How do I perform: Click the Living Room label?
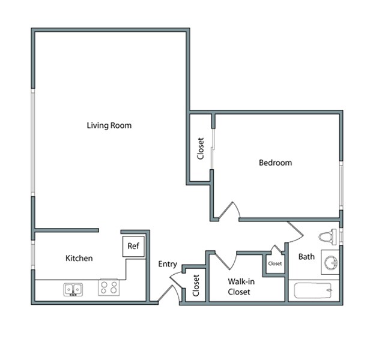click(x=109, y=125)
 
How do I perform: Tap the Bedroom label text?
click(x=275, y=163)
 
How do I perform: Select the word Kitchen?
click(x=79, y=258)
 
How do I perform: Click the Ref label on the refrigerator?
click(x=133, y=246)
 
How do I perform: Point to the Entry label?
click(x=168, y=264)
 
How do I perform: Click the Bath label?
click(x=306, y=257)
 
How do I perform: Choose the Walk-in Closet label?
click(x=238, y=287)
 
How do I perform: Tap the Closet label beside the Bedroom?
click(x=201, y=149)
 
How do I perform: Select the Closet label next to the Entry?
click(x=196, y=286)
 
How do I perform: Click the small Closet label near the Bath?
click(x=275, y=263)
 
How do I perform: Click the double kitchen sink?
click(x=73, y=290)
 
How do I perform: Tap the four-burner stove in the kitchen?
click(x=108, y=289)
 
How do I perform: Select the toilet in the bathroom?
click(x=328, y=236)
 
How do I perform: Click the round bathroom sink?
click(x=330, y=263)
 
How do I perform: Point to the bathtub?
click(x=314, y=291)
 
